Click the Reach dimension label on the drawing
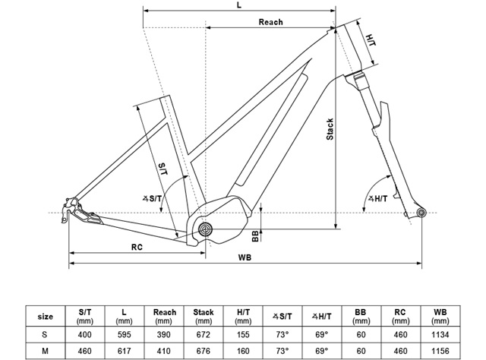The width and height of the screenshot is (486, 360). tap(270, 22)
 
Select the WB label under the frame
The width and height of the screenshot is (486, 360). tap(245, 257)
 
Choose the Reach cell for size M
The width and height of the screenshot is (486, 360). tap(165, 351)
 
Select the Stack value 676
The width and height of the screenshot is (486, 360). tap(204, 351)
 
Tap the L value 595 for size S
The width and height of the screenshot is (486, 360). tap(125, 333)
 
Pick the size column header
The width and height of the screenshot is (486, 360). tap(46, 315)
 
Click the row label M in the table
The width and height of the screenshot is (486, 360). tap(46, 351)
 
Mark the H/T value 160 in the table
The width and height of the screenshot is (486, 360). tap(242, 351)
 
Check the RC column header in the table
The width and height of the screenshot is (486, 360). tap(399, 315)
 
